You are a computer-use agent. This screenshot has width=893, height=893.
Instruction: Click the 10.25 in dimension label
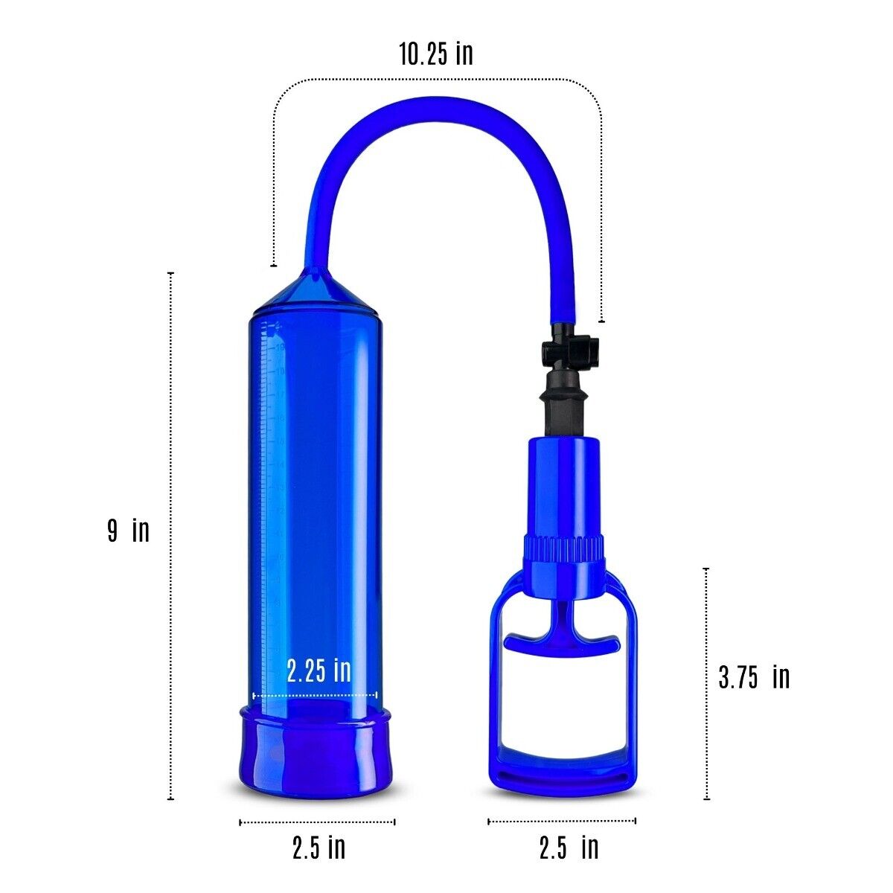tap(435, 54)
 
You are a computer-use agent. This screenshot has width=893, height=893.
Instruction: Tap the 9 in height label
tap(128, 531)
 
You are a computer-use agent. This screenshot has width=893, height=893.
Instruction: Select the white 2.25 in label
tap(319, 670)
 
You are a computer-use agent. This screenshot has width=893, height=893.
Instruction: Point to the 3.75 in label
tap(753, 676)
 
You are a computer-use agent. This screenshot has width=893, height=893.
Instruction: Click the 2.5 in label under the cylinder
tap(319, 848)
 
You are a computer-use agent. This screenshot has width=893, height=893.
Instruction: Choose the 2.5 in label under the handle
tap(569, 848)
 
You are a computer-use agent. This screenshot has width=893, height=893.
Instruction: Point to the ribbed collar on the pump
tap(563, 549)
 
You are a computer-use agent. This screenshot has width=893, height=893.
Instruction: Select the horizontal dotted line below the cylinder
tap(317, 822)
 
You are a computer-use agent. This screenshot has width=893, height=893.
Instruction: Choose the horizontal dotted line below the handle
tap(562, 821)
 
